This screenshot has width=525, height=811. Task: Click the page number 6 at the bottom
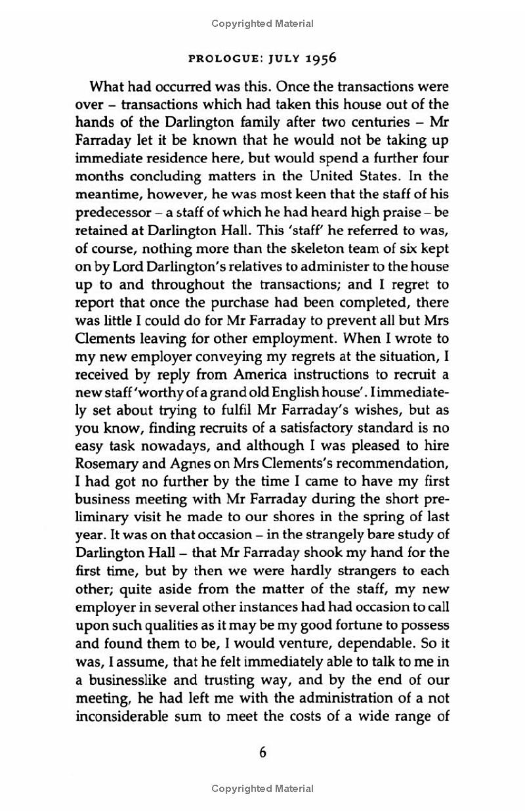point(262,753)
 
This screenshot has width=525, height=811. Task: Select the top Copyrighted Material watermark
point(262,24)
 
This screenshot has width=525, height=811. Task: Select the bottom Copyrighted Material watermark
point(262,789)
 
